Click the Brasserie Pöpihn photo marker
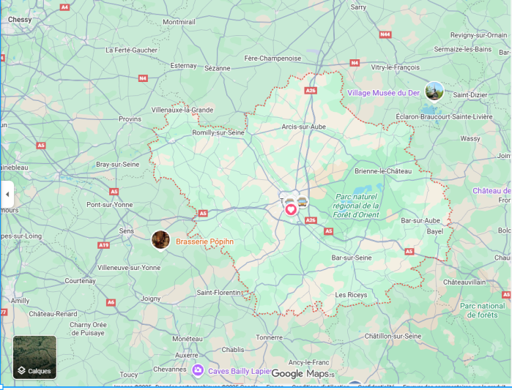coord(160,239)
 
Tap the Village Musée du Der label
coord(383,93)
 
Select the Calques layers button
coord(34,357)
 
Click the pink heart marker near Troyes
coord(291,209)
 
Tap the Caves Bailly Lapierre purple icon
coord(197,370)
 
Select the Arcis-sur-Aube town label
coord(304,127)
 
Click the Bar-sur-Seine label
coord(352,258)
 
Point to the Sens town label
coord(127,230)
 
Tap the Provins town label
coord(130,119)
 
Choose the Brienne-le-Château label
coord(383,170)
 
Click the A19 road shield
coord(103,245)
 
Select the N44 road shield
coord(385,34)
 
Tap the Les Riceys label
coord(350,294)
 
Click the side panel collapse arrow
coord(7,195)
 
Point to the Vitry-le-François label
coord(395,67)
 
